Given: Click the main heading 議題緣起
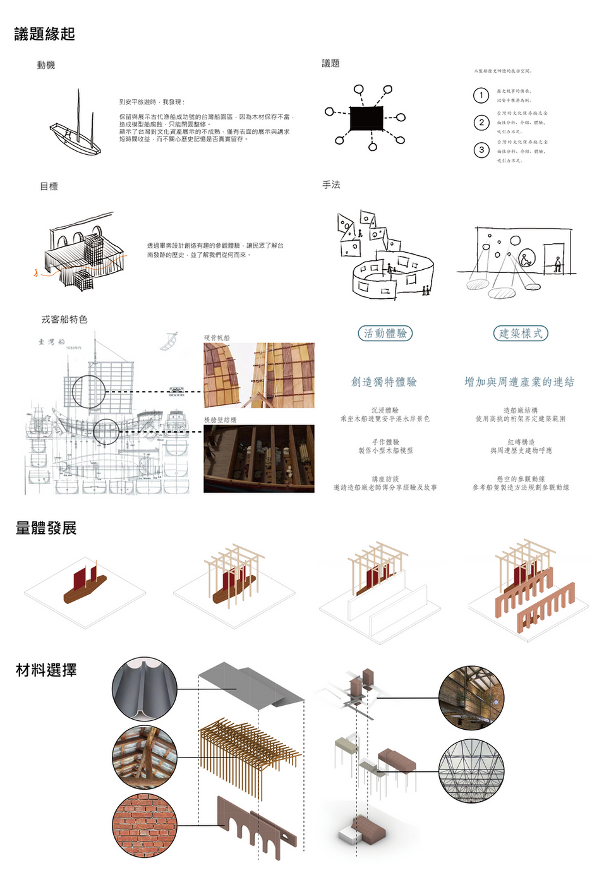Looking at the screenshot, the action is (45, 34).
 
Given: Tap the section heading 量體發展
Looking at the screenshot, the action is (46, 528).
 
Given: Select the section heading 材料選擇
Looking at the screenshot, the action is (46, 670).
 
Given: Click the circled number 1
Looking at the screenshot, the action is (481, 95).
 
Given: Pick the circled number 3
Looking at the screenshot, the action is (481, 150).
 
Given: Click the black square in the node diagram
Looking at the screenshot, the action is (366, 118).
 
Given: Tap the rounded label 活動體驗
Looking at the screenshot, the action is (385, 334).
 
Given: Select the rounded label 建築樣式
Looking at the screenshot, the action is (521, 334).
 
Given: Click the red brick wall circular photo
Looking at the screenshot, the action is (145, 825).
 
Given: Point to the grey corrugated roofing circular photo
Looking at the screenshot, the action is (145, 689).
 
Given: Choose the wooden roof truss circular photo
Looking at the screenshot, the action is (145, 757).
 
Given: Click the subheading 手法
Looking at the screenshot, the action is (331, 185).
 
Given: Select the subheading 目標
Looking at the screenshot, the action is (49, 186).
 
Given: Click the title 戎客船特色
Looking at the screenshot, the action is (64, 320).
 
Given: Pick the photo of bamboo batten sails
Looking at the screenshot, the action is (258, 375).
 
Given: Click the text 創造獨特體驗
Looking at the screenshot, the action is (384, 382).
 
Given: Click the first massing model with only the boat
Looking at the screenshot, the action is (85, 588).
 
